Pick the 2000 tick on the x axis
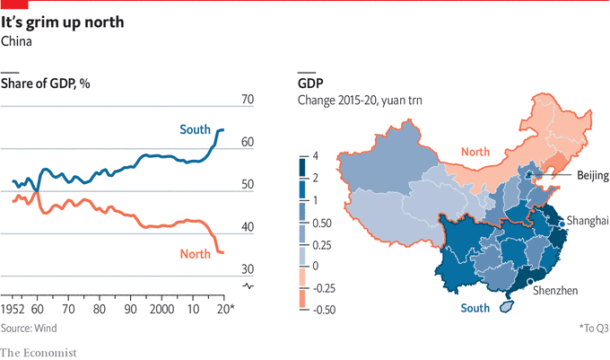(x=162, y=309)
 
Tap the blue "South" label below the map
(x=475, y=309)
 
